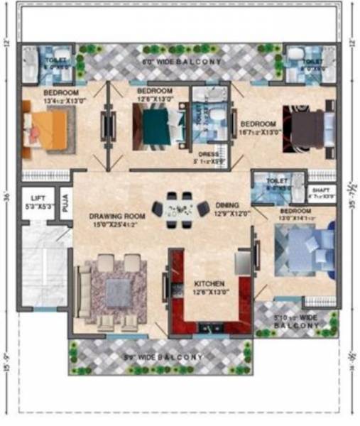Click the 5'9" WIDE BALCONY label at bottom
point(163,356)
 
